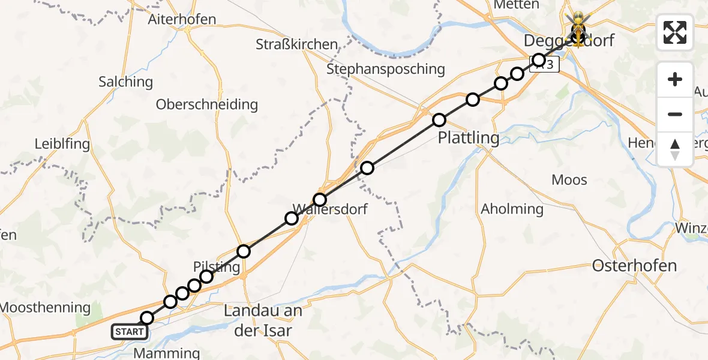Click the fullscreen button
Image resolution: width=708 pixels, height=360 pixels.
tap(675, 32)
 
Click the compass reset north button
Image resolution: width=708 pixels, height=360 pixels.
tap(675, 149)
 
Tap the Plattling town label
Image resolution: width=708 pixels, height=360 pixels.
tap(469, 138)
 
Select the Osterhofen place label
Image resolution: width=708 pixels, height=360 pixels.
tap(634, 265)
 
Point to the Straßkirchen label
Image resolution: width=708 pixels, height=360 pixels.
tap(296, 44)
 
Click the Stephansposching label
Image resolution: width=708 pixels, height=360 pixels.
tap(386, 69)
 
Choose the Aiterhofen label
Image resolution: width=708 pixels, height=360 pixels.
tap(182, 19)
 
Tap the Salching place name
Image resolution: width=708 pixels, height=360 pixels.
tap(125, 82)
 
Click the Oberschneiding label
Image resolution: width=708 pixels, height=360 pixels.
tap(207, 104)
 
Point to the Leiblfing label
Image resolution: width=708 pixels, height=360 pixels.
tap(62, 144)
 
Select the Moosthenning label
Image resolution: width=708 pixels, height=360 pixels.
tap(45, 308)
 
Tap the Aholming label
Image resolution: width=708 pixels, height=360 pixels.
tap(512, 209)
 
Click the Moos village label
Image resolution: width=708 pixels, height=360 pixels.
tap(569, 180)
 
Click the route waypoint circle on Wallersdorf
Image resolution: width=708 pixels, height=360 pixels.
tap(320, 199)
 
